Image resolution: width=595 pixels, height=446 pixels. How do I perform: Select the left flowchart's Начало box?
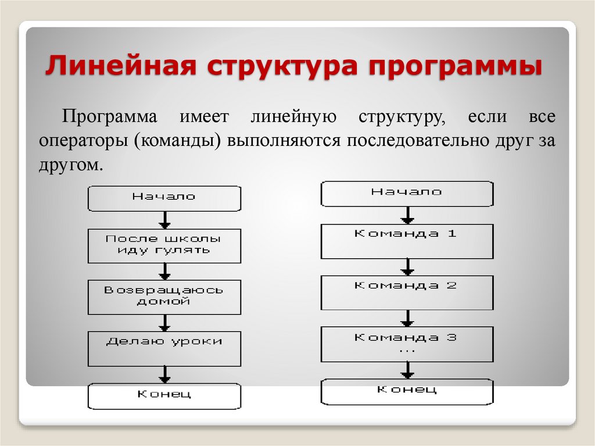click(164, 198)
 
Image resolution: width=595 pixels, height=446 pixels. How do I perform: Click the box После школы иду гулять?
click(164, 245)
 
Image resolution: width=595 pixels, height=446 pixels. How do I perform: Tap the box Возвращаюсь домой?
click(164, 297)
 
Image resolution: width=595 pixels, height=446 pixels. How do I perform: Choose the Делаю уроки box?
click(164, 348)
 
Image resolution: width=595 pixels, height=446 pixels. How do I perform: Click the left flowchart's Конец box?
click(164, 395)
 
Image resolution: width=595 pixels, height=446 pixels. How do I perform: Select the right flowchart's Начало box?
click(407, 194)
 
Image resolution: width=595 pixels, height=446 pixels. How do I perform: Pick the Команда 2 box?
click(407, 292)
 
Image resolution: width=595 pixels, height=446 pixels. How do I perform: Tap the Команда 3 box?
click(407, 344)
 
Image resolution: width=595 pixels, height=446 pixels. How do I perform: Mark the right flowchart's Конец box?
click(407, 392)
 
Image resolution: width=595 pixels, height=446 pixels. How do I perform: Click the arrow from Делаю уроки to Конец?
click(165, 374)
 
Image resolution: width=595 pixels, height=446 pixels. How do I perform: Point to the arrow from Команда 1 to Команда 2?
click(408, 267)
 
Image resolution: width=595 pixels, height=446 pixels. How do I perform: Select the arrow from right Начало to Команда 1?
click(408, 215)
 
